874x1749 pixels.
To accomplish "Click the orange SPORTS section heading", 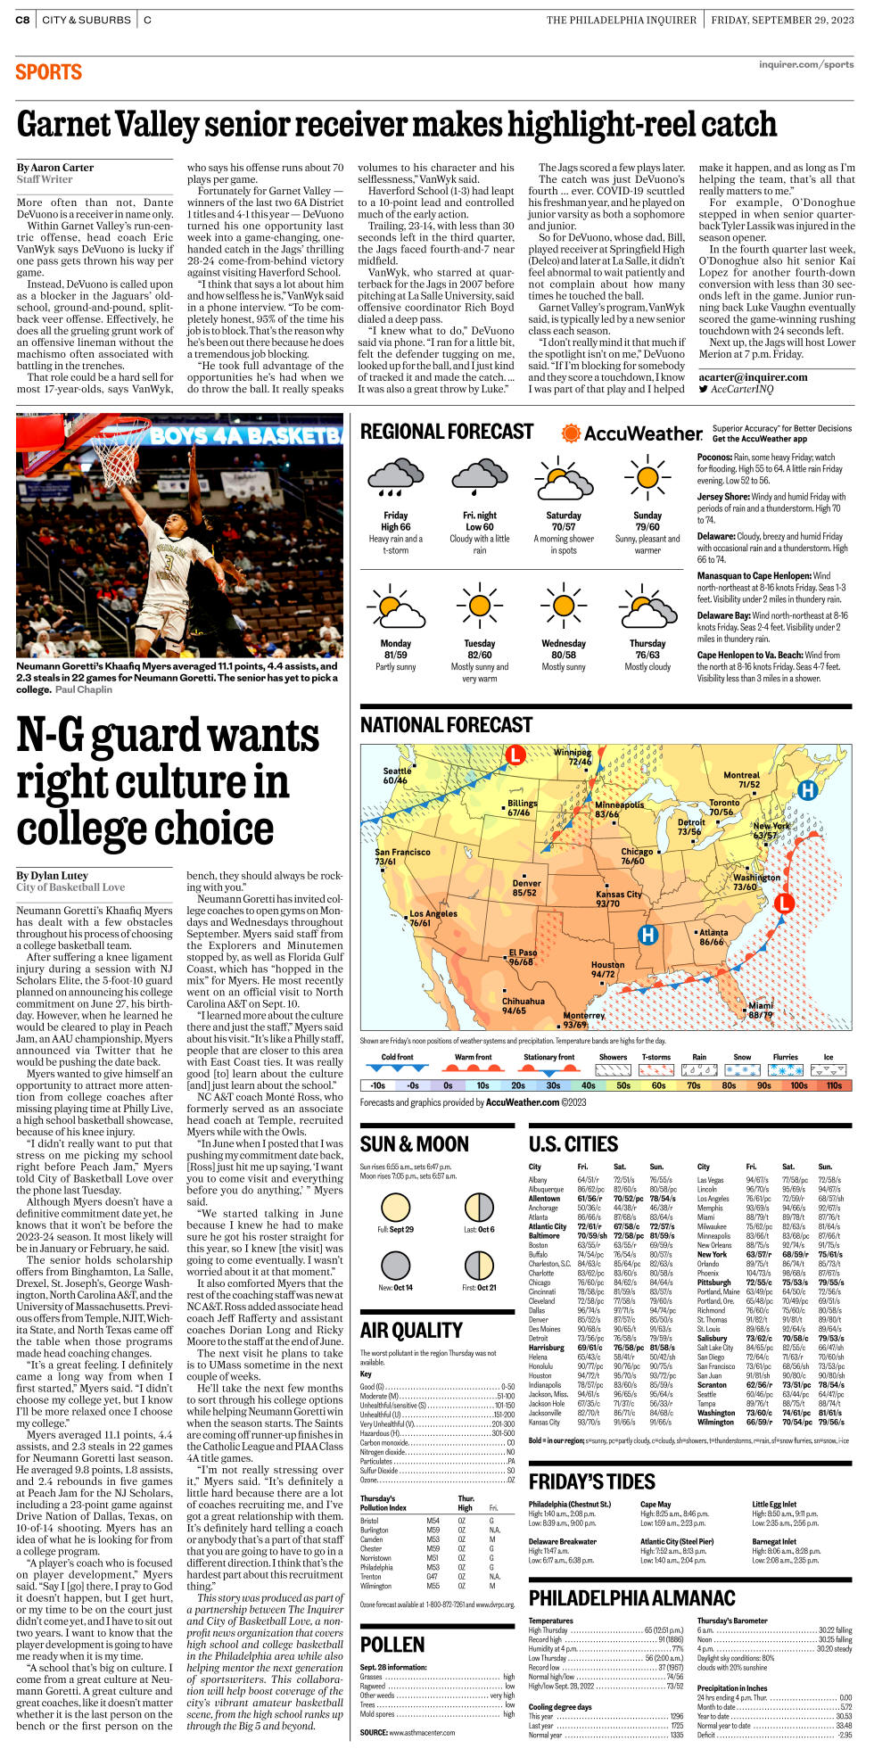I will pos(49,72).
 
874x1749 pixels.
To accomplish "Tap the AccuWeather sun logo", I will pos(571,433).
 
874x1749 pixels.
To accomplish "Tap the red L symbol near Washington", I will pos(784,903).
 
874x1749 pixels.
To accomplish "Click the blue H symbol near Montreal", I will pos(807,790).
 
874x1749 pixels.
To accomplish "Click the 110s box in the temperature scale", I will pos(834,1085).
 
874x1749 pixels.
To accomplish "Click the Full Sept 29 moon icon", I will pos(396,1208).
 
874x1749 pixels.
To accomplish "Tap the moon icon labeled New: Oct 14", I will pos(396,1265).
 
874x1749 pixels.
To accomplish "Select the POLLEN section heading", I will pos(392,1645).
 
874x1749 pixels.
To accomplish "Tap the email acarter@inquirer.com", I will pos(754,377).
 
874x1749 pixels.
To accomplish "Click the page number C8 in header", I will pos(22,20).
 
